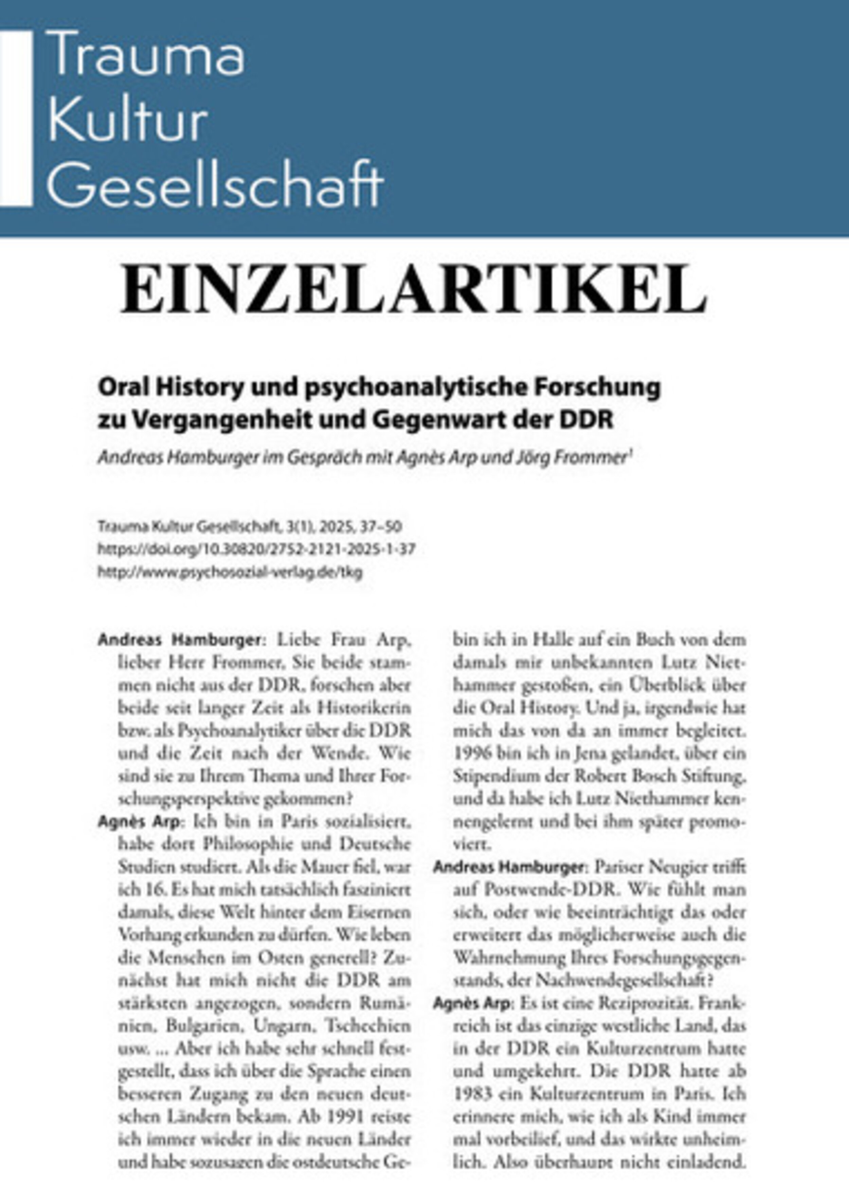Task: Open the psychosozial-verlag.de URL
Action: pos(230,572)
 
